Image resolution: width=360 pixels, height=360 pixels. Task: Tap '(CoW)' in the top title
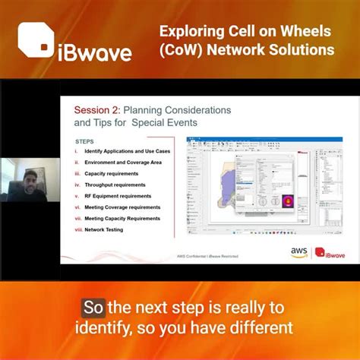[x=182, y=50]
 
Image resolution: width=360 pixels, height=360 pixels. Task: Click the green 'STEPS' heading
[x=84, y=141]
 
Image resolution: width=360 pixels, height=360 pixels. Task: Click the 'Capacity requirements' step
[x=110, y=173]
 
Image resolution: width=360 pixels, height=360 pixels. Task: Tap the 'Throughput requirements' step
[x=112, y=185]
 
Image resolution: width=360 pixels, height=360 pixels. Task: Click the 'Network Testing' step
[x=105, y=229]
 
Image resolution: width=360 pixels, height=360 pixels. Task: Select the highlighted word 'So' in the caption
[x=93, y=308]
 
